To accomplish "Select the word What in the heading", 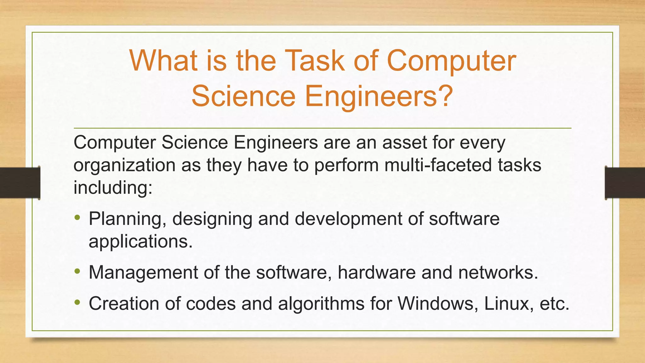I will [x=163, y=60].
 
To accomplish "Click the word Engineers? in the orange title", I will [x=379, y=96].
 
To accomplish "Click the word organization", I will [x=124, y=166].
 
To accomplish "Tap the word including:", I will [x=113, y=188].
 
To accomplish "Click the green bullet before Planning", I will [x=77, y=217].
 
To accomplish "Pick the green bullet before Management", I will [x=77, y=271].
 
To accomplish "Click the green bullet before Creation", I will [x=77, y=302].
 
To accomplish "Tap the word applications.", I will [x=140, y=242].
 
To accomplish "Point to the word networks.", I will [x=498, y=272].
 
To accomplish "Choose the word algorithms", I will [x=321, y=304].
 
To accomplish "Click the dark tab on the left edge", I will [x=20, y=183].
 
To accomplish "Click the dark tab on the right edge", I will [x=625, y=183].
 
